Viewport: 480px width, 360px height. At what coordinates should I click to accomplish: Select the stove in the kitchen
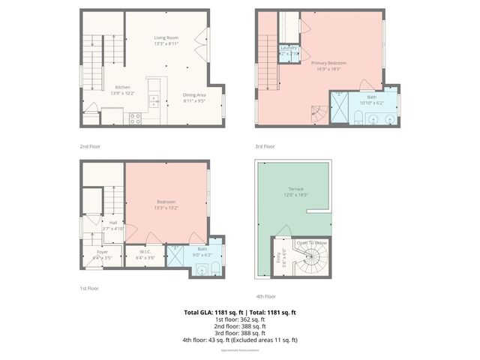[136, 116]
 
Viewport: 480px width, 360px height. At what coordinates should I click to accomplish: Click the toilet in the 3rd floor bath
[358, 117]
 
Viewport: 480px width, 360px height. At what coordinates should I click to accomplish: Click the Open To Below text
[311, 243]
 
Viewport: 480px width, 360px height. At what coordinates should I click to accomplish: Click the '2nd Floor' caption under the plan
[89, 146]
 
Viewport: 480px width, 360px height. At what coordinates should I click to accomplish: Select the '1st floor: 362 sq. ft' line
[240, 319]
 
